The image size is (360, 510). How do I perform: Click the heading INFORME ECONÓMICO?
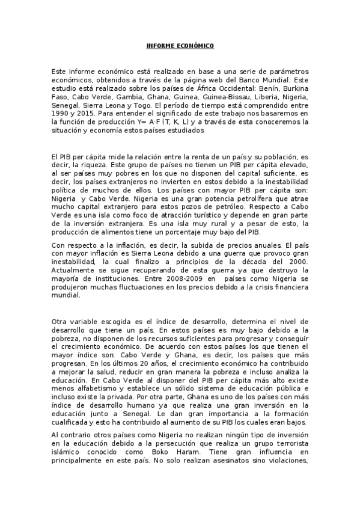(x=180, y=46)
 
